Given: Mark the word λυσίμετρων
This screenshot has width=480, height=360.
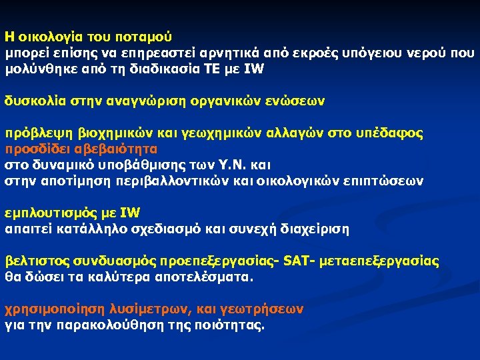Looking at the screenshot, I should point(143,309).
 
